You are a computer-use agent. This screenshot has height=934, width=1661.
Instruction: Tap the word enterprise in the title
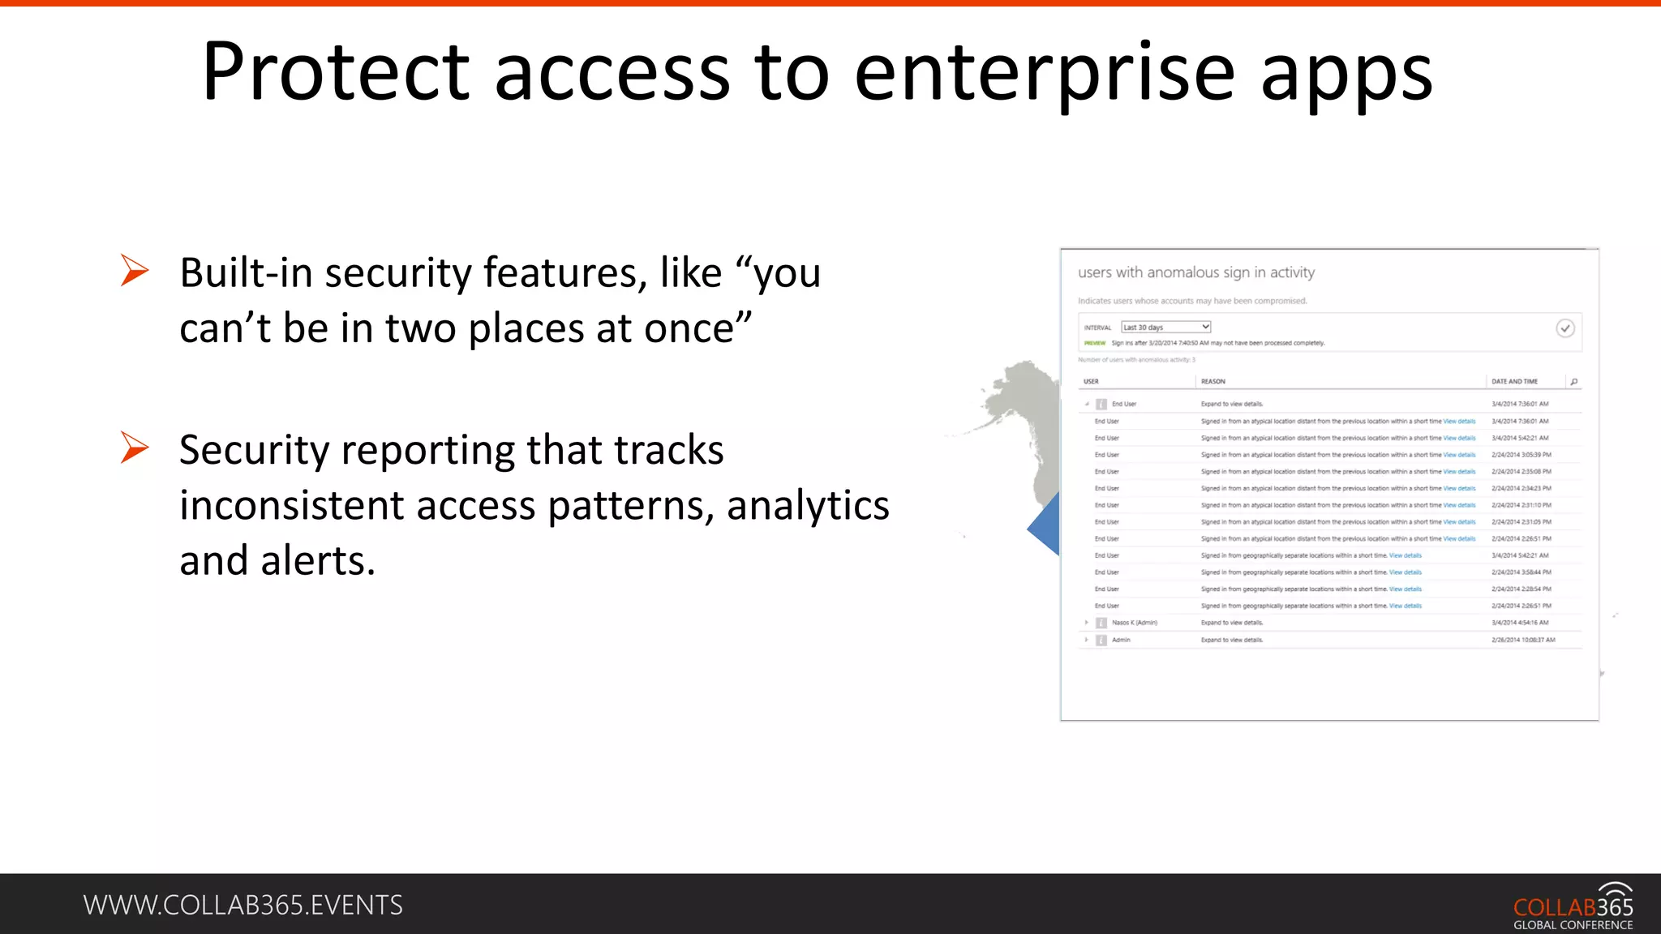pos(1045,73)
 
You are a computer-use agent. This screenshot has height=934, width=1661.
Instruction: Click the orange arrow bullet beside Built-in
pos(135,270)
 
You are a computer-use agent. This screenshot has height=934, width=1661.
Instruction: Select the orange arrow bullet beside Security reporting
pos(135,448)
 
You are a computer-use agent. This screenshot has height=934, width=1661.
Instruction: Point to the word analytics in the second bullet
pos(808,505)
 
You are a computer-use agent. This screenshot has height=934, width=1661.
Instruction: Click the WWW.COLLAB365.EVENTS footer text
pos(242,905)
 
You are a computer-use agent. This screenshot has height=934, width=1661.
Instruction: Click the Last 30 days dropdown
pos(1165,328)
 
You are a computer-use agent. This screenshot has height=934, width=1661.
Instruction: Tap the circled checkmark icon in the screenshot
pos(1565,328)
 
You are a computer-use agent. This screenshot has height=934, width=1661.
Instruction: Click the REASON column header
pos(1213,381)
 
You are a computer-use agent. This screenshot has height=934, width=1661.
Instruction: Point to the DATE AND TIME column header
pos(1514,381)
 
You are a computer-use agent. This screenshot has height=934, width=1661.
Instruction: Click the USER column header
pos(1091,381)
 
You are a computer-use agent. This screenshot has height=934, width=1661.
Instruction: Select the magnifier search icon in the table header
pos(1574,381)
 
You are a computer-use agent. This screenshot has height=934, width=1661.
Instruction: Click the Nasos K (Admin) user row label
pos(1134,623)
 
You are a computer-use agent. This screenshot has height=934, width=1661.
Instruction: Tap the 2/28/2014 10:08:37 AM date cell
pos(1523,640)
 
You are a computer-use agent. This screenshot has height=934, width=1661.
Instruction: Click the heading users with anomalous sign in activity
pos(1196,272)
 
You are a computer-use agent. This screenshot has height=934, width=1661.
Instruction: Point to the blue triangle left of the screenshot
pos(1046,525)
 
